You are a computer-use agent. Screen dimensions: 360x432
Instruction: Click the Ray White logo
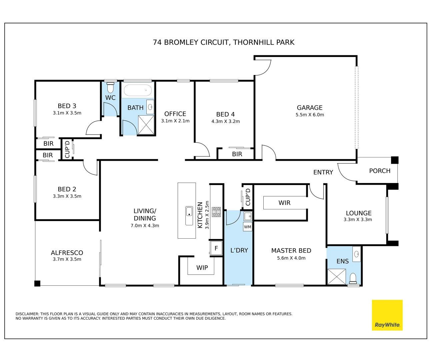tap(387, 315)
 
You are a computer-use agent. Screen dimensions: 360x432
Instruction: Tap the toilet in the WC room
tap(110, 88)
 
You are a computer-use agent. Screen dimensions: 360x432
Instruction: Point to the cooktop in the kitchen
tap(216, 212)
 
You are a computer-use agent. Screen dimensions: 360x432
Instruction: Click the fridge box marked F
tap(216, 248)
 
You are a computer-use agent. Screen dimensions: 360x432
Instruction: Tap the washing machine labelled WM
tap(248, 227)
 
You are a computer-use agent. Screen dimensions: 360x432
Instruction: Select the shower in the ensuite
tap(337, 277)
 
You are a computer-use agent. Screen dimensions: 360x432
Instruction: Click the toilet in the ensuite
tap(353, 278)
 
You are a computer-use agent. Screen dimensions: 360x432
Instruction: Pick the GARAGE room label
tap(310, 108)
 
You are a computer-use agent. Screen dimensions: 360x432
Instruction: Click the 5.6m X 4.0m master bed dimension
tap(291, 258)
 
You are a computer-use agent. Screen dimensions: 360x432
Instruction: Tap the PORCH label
tap(380, 171)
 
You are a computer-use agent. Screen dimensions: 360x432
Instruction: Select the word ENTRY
tap(323, 172)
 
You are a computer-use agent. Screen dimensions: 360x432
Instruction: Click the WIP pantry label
tap(202, 268)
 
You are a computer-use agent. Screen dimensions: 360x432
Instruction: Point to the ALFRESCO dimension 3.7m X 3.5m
tap(67, 259)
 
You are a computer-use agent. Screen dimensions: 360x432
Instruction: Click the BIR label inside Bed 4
tap(237, 154)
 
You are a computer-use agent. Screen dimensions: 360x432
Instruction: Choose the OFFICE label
tap(175, 114)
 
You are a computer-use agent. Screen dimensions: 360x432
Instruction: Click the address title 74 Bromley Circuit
tap(224, 42)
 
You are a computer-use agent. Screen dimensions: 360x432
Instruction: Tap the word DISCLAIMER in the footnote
tap(27, 314)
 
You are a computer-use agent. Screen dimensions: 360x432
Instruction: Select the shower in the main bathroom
tap(146, 125)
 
